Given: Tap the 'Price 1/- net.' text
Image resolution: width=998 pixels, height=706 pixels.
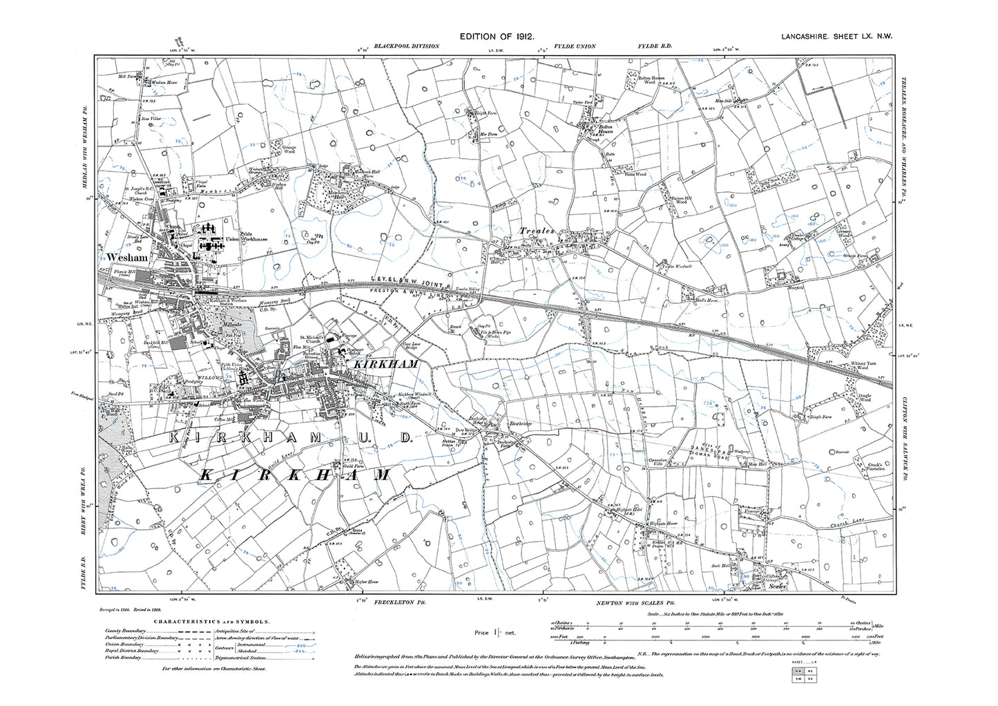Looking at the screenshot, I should [x=492, y=633].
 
